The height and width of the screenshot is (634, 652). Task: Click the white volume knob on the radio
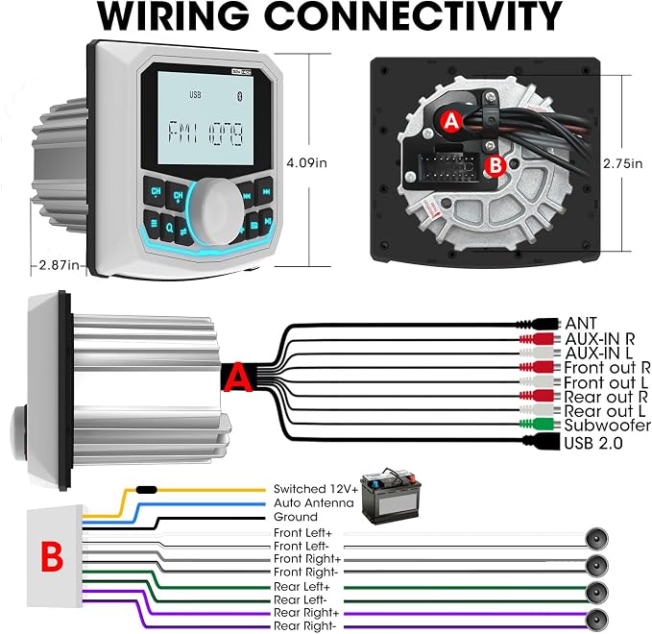tap(217, 211)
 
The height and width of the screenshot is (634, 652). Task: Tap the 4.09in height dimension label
tap(307, 162)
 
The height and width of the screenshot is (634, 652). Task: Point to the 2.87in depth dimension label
tap(59, 264)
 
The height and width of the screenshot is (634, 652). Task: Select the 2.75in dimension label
tap(623, 163)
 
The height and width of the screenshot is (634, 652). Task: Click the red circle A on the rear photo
tap(451, 121)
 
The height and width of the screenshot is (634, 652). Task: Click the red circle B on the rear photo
tap(495, 165)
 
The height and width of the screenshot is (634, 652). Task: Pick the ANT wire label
tap(581, 323)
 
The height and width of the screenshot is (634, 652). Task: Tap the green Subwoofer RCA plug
tap(537, 424)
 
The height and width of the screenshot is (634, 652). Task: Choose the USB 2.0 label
tap(593, 443)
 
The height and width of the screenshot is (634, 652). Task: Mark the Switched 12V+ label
tap(316, 489)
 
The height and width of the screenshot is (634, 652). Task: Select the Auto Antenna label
tap(314, 503)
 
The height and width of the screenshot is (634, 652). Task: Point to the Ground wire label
tap(295, 517)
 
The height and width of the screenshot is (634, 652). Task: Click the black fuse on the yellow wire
tap(146, 490)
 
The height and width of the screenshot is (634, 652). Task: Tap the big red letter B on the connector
tap(52, 556)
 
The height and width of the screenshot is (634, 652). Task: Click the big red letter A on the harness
tap(237, 377)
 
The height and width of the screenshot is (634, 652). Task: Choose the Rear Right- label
tap(304, 625)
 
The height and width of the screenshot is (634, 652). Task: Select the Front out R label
tap(607, 368)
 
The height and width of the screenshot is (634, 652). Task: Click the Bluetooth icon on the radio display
tap(239, 96)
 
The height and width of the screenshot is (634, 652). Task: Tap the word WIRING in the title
tap(173, 15)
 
